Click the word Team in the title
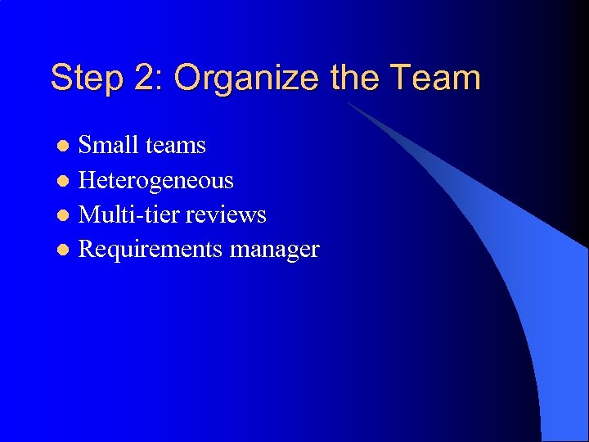(435, 79)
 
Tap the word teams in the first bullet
(174, 146)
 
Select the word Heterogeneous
(155, 180)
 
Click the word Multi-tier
(128, 214)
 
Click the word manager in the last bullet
(275, 250)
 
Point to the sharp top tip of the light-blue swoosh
(347, 103)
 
